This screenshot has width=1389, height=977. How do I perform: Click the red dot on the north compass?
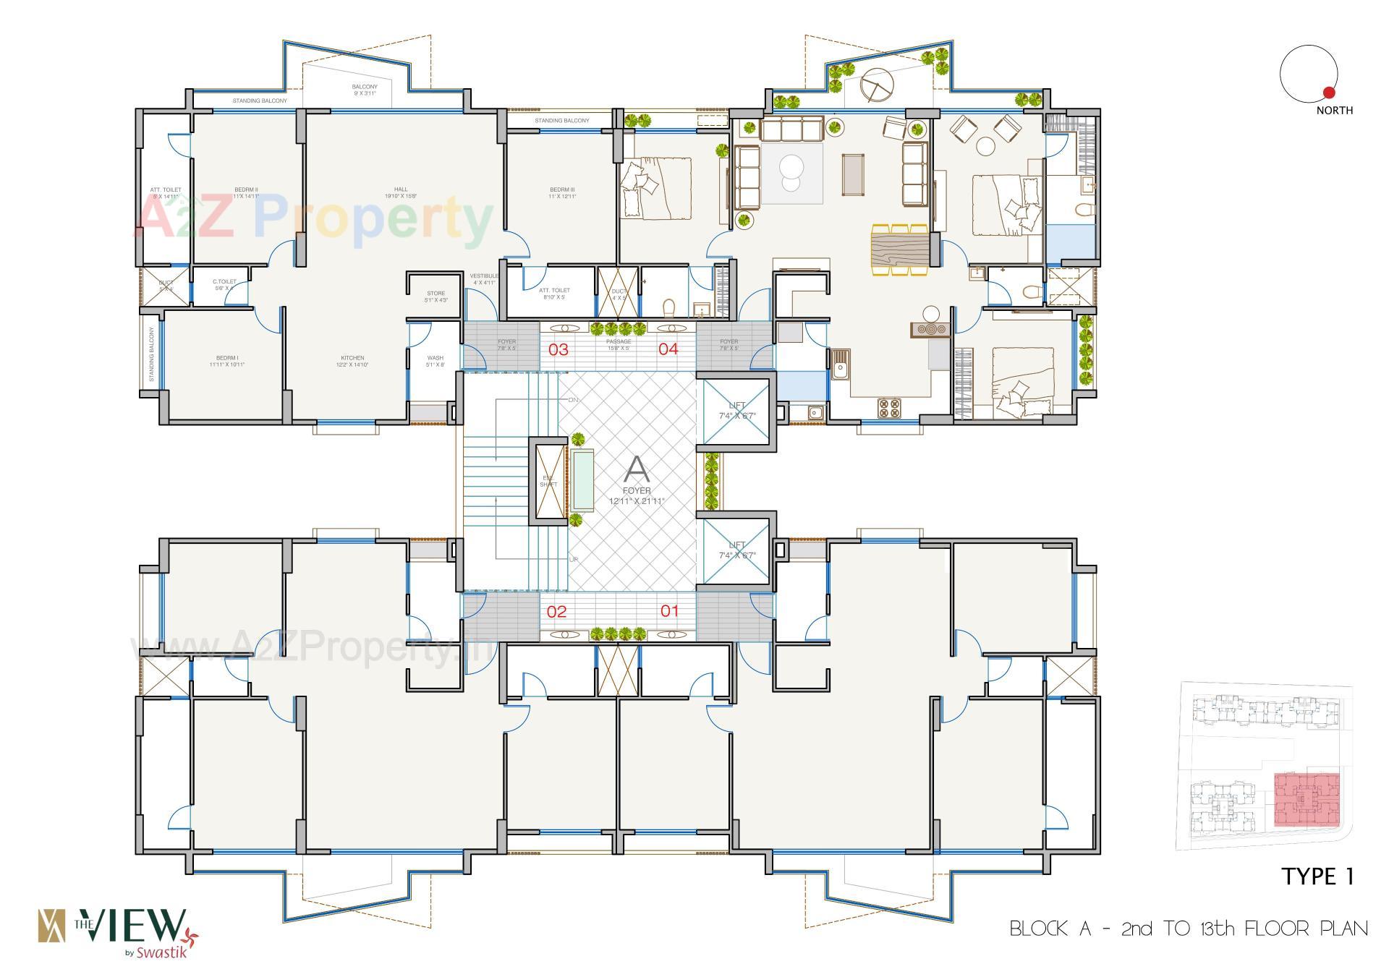[x=1328, y=93]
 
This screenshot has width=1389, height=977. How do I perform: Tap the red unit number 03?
[x=558, y=350]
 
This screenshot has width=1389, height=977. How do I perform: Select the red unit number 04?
[x=668, y=349]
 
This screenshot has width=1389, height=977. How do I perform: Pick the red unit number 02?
[x=556, y=612]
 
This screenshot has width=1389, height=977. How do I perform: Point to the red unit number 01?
[x=670, y=611]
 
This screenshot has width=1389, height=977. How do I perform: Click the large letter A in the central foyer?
[x=637, y=470]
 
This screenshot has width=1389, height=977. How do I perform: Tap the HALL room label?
[x=401, y=189]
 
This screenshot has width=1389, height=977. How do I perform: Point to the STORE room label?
[x=436, y=294]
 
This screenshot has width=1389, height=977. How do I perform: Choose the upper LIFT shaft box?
[x=736, y=410]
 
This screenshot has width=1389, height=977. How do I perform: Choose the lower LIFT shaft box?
[x=736, y=550]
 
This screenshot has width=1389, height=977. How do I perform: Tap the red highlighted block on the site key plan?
[x=1306, y=799]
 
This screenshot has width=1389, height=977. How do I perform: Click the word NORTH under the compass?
[x=1334, y=111]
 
